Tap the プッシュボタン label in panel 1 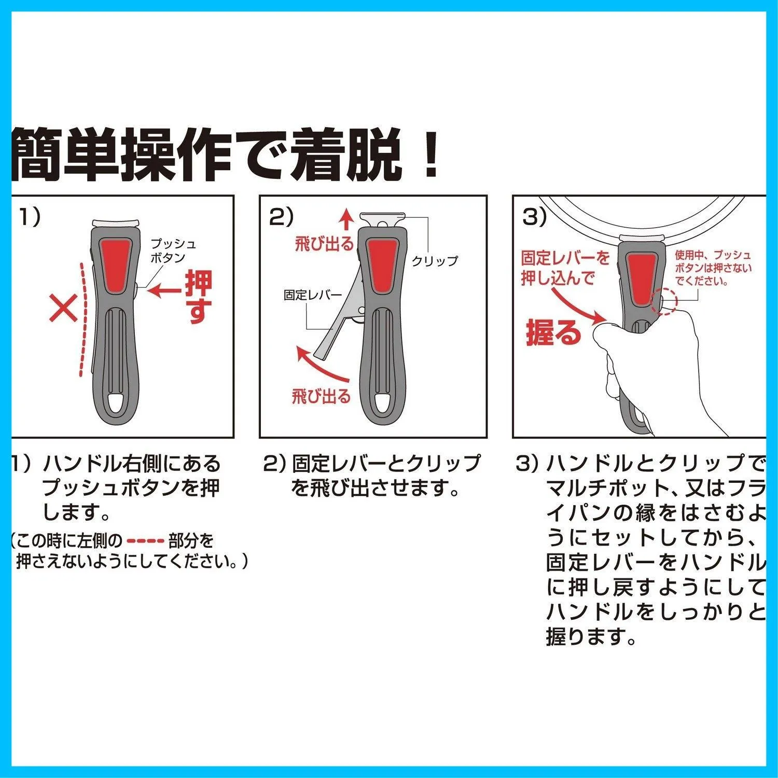coord(174,251)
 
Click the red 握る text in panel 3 coord(553,331)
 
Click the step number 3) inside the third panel coord(534,217)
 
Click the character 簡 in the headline coord(37,154)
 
